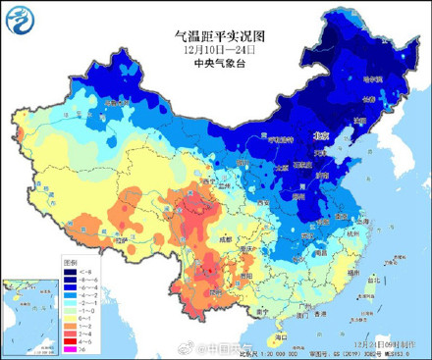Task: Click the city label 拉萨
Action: coord(124,238)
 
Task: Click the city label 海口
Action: coord(279,334)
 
